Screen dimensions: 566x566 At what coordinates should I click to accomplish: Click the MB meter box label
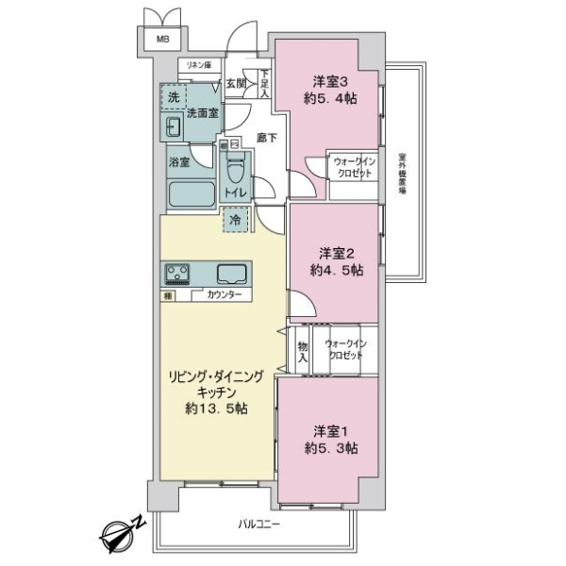163,39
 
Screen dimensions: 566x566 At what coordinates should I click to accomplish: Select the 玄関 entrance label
236,84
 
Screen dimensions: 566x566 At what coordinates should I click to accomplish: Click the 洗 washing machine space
173,97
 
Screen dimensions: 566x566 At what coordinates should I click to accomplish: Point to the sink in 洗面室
175,127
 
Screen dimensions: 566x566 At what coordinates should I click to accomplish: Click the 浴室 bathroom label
179,162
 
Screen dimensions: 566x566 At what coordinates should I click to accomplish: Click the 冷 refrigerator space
233,219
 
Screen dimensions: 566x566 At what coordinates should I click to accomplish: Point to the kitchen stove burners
178,274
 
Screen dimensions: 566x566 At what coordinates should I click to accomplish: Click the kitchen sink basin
231,274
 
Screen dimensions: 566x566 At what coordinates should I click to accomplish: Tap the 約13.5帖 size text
216,409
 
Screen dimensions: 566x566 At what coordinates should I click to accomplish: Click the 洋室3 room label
329,80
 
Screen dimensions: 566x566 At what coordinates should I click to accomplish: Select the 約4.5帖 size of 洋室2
336,269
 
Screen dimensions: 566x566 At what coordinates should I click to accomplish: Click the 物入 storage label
303,351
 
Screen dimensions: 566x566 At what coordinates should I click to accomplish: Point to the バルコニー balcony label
259,524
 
